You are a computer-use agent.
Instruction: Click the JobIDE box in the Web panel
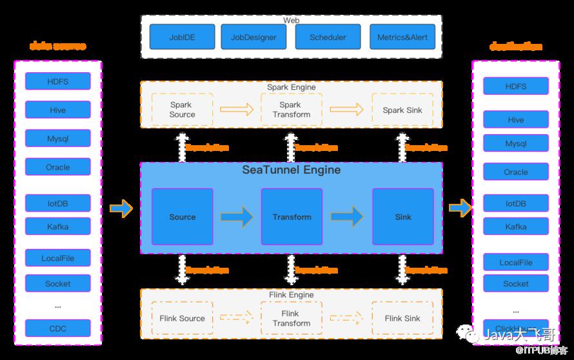click(x=183, y=37)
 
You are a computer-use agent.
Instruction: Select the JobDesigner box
click(x=253, y=37)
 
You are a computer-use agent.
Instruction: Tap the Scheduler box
click(x=328, y=37)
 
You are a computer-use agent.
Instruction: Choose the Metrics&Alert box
click(x=402, y=37)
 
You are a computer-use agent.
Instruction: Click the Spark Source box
click(x=182, y=110)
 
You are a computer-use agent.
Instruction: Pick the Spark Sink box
click(x=402, y=110)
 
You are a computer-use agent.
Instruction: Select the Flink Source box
click(x=182, y=318)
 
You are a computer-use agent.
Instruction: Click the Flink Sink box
click(x=402, y=318)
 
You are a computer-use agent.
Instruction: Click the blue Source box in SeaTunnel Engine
click(x=183, y=217)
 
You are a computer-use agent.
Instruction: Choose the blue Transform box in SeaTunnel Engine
click(x=292, y=217)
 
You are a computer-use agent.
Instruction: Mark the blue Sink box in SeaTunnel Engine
click(x=403, y=217)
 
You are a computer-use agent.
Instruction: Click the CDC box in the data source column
click(x=58, y=329)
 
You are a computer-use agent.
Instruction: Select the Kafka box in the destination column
click(x=516, y=226)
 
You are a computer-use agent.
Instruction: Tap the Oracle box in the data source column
click(x=58, y=167)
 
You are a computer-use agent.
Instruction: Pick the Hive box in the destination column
click(x=516, y=119)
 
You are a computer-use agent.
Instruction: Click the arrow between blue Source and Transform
click(x=237, y=217)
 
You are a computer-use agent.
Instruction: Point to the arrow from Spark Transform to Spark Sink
click(x=346, y=110)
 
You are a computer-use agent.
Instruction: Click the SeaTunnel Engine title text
click(x=292, y=170)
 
